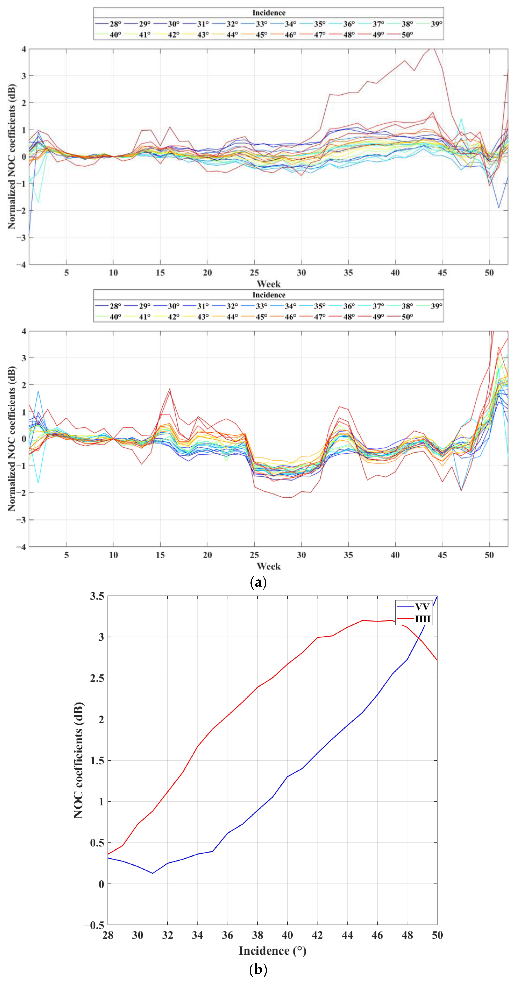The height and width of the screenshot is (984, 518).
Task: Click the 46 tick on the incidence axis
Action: click(377, 935)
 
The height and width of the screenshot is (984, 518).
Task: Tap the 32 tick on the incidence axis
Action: click(167, 935)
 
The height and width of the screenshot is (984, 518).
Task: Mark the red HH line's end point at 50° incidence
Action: click(437, 661)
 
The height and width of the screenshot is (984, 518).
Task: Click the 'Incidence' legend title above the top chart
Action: click(269, 13)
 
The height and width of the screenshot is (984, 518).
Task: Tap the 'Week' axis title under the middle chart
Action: click(269, 566)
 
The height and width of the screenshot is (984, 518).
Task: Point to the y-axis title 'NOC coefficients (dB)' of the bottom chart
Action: click(78, 760)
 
